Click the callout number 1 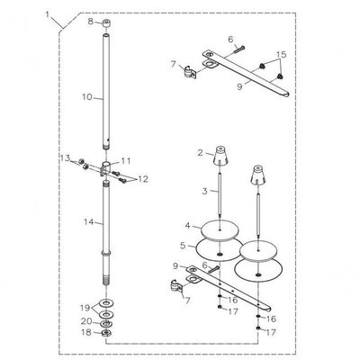pos(48,14)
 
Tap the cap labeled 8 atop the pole pos(106,23)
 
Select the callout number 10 pos(87,97)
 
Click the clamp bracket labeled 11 pos(106,168)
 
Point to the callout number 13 pos(66,157)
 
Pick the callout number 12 pos(143,179)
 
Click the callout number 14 pos(89,222)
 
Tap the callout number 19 pos(85,308)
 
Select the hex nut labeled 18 pos(106,333)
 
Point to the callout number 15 pos(281,55)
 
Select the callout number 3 pos(204,191)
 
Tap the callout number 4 pos(188,225)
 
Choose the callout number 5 pos(183,246)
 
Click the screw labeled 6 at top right pos(239,49)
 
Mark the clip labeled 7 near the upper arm pos(190,72)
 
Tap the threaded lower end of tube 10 pos(106,147)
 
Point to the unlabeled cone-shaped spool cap pos(257,175)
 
